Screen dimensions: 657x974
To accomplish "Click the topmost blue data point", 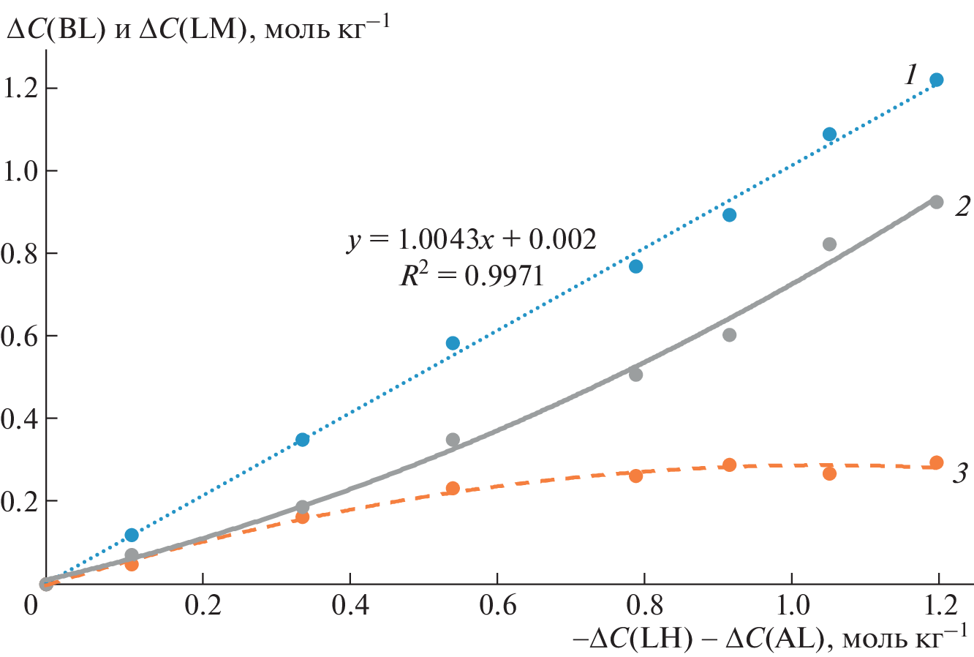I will [x=936, y=80].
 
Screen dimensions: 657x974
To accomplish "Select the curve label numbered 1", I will [x=911, y=75].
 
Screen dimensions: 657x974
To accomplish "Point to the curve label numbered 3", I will [x=960, y=474].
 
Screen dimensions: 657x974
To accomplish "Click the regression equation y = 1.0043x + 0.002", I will [x=471, y=239].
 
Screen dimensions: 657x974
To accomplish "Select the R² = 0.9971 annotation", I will [x=471, y=276].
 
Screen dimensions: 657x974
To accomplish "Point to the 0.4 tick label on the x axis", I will [x=350, y=607].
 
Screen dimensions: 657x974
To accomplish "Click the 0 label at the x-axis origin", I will [x=31, y=607].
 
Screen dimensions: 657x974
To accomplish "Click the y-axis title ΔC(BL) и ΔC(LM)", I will [x=197, y=30].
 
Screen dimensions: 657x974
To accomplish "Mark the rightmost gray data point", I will [x=936, y=202].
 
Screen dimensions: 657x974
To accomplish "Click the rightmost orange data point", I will [x=936, y=462].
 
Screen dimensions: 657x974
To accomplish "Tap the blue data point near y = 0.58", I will [x=453, y=343].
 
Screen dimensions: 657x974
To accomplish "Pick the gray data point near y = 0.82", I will [x=829, y=244].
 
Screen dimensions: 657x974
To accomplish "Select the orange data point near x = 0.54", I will [x=453, y=489].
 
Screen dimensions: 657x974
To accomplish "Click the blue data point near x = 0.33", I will [x=303, y=440].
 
